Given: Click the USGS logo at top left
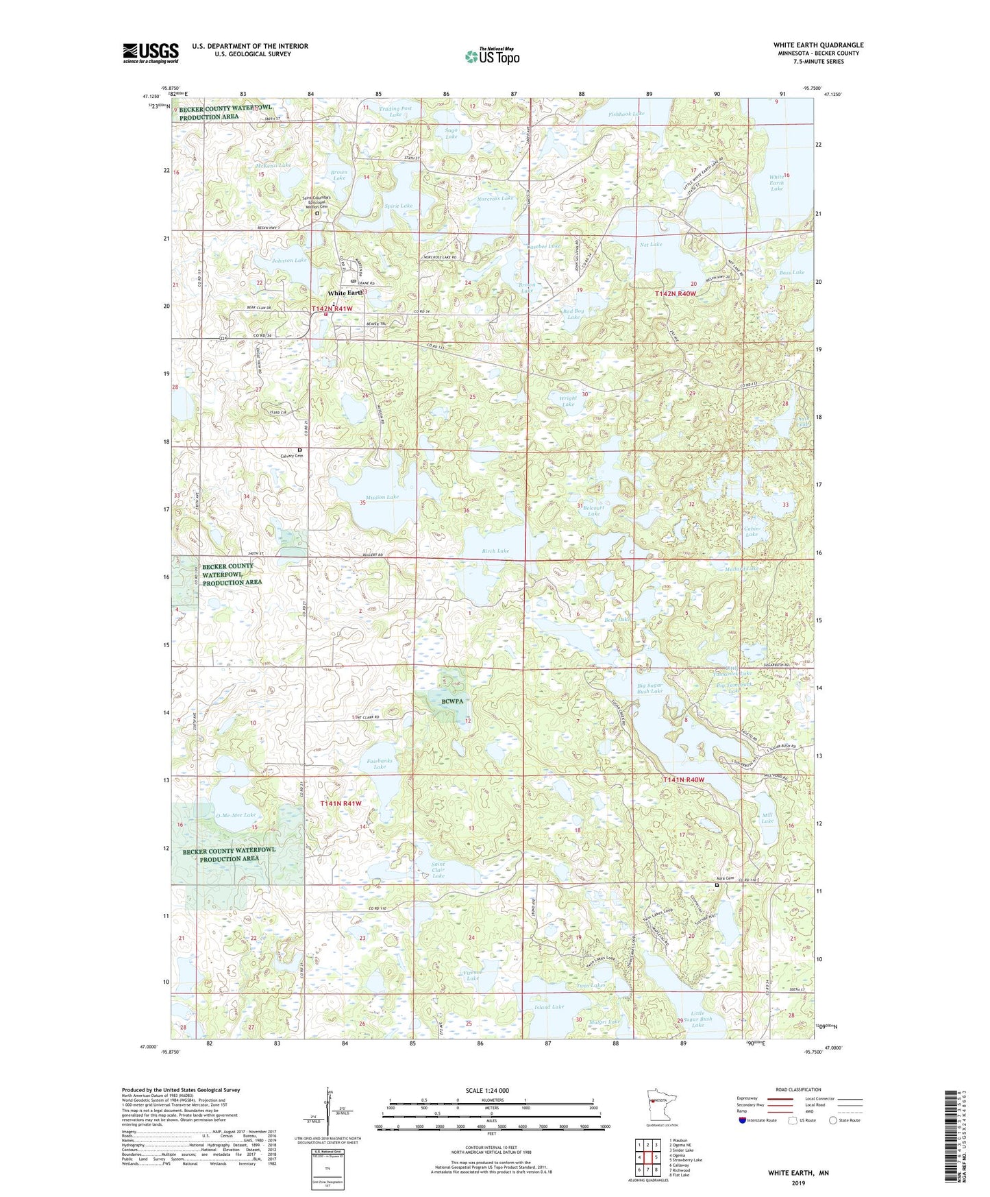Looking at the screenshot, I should (151, 53).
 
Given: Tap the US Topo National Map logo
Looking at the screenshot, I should (492, 56).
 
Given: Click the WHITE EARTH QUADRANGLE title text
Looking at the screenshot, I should (818, 45).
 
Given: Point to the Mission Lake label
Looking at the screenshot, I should (382, 497).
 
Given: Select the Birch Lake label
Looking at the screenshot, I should (495, 551).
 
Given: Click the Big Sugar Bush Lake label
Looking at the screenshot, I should (649, 688).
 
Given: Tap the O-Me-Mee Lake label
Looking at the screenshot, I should (236, 815).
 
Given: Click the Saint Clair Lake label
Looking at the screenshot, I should (438, 870).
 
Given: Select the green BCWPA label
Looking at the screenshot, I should (452, 701).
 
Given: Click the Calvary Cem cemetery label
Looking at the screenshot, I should (290, 456).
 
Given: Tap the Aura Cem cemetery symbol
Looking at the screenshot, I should (717, 885).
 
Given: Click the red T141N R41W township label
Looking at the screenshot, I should (341, 803).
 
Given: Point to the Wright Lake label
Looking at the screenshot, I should (568, 401).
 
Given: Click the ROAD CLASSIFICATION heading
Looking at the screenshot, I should (799, 1089).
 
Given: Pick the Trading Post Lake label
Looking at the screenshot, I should (396, 111).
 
